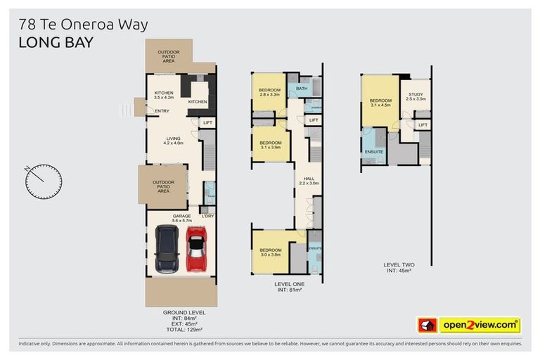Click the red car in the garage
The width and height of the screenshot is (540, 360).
(x=195, y=250)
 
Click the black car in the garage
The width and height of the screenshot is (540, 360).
(x=167, y=249)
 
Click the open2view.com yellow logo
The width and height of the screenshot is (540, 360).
(x=480, y=325)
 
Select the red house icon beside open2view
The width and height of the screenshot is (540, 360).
(x=427, y=325)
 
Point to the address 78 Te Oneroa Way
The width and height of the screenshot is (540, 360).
(x=84, y=24)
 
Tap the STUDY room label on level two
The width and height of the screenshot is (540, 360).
(x=416, y=96)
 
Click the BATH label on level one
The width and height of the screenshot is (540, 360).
(x=302, y=89)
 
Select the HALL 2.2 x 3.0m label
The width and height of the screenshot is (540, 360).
(x=309, y=181)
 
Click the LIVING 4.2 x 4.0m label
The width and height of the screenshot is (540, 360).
(x=173, y=141)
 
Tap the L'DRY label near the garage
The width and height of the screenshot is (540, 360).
(x=207, y=215)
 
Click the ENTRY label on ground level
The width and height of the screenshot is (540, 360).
(x=162, y=111)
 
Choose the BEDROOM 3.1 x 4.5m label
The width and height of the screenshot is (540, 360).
(x=380, y=103)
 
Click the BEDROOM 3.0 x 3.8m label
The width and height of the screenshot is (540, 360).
(x=271, y=252)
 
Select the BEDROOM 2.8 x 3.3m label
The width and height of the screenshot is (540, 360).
(x=270, y=92)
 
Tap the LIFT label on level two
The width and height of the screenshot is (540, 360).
(x=423, y=125)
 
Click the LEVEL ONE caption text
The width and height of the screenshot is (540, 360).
(x=288, y=284)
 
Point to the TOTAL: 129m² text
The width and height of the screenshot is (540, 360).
(x=184, y=329)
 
